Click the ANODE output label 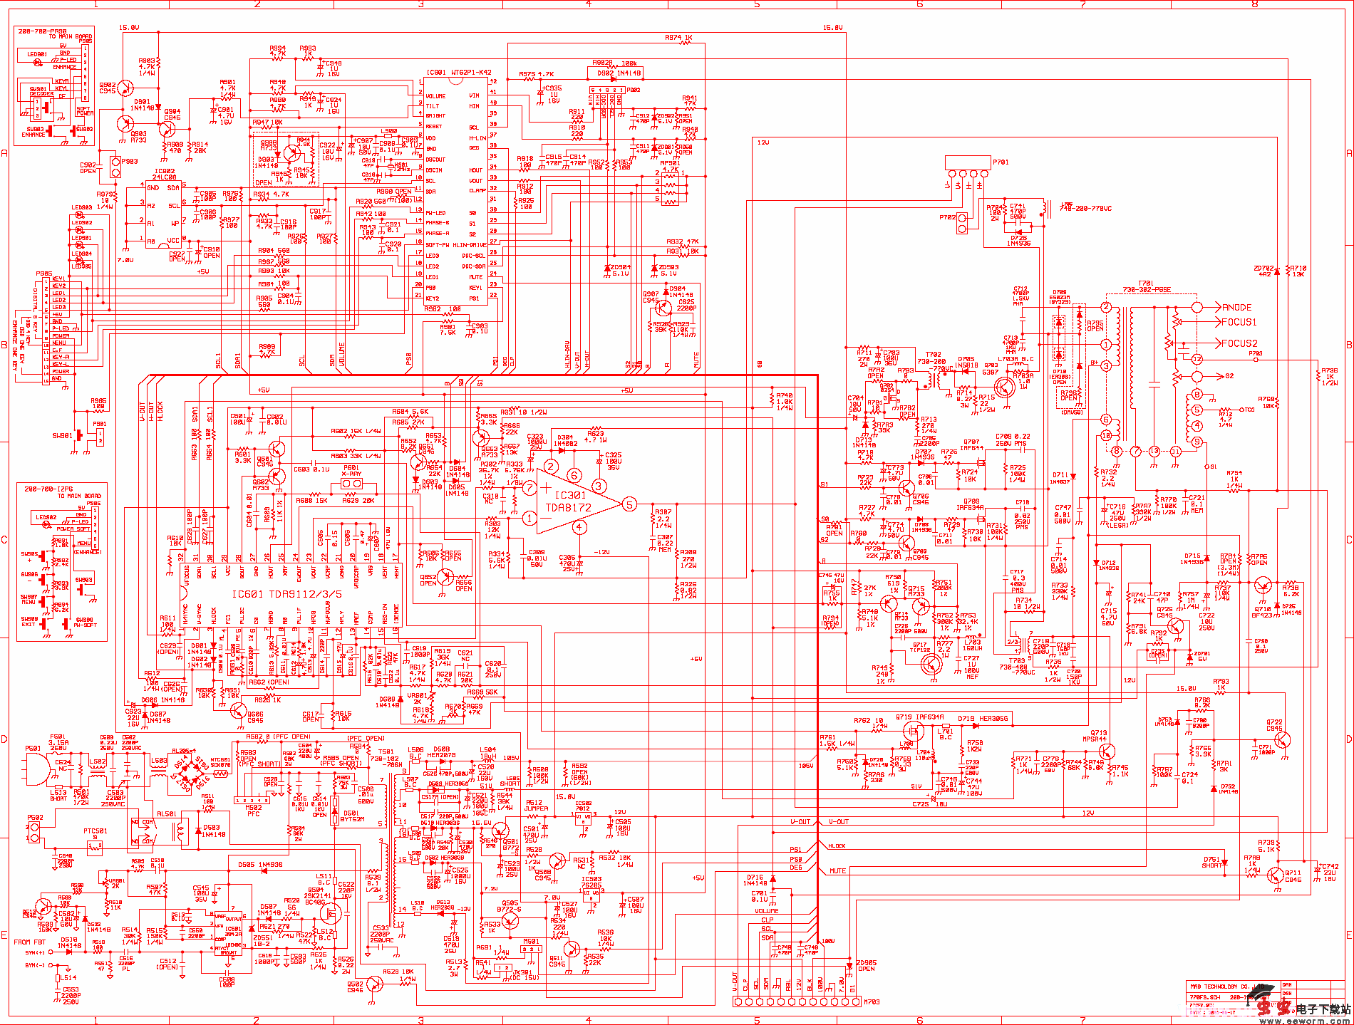1236,307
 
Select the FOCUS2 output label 1239,343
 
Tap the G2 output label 1229,376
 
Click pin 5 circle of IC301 629,504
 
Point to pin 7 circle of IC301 529,488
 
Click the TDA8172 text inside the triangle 568,508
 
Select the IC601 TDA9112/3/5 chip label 286,593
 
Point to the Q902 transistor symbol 125,88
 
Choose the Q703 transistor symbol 1004,387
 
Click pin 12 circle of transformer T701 1197,359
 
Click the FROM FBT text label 29,942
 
